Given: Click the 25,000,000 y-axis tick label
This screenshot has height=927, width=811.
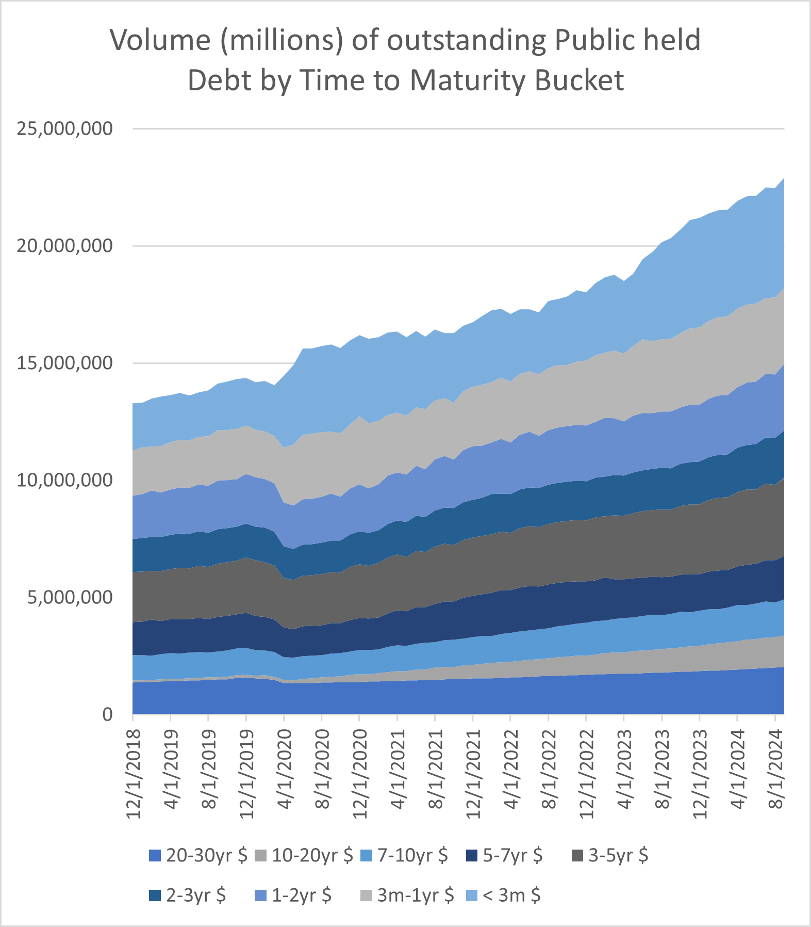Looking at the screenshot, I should tap(64, 129).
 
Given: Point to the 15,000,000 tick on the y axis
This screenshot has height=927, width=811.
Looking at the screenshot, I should tap(64, 363).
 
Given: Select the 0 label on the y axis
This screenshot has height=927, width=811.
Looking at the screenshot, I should tap(107, 715).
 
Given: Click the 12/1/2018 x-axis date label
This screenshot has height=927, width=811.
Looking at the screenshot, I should tap(134, 773).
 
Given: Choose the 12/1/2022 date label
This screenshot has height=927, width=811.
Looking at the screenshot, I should tap(587, 773).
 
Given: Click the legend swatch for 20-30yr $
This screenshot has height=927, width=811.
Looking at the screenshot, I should tap(155, 856).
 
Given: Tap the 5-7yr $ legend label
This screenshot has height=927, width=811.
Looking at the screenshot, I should tap(512, 856).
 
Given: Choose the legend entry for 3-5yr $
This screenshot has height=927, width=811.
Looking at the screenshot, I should tap(618, 856).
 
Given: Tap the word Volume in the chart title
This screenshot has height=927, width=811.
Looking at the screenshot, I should tap(160, 40).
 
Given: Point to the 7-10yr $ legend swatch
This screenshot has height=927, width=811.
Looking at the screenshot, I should tap(366, 856).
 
